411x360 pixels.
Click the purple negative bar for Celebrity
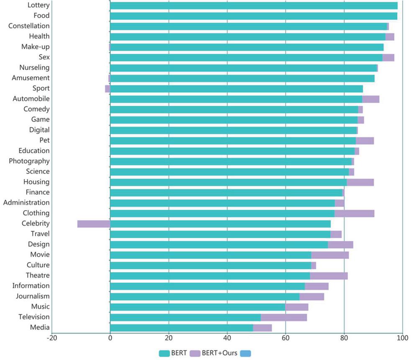tap(94, 224)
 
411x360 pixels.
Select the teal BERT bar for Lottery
tap(254, 5)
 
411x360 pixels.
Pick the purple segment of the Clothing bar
tap(354, 213)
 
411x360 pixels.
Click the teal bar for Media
tap(182, 328)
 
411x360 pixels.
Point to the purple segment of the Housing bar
tap(360, 182)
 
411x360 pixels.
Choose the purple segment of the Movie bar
tap(330, 255)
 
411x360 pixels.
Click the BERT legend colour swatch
tap(167, 353)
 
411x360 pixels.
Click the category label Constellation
tap(29, 26)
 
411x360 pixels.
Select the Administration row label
tap(26, 203)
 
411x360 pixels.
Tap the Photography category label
tap(29, 161)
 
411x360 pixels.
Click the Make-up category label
tap(36, 46)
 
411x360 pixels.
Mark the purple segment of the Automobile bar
tap(371, 99)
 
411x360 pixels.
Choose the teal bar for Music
tap(198, 307)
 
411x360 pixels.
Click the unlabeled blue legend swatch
tap(246, 353)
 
